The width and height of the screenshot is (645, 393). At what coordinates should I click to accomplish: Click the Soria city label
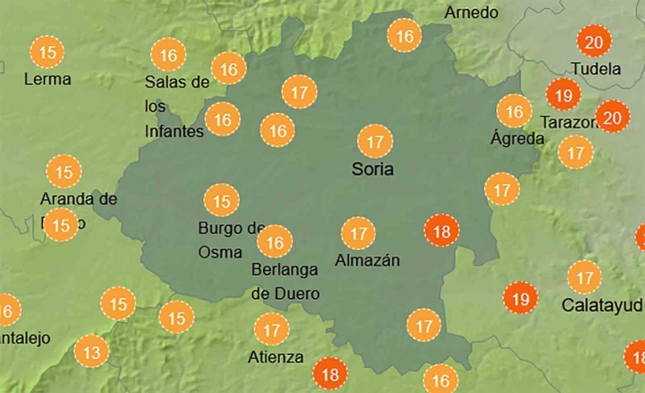coord(373,169)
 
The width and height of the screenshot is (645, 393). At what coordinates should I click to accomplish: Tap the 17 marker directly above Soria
coord(374,142)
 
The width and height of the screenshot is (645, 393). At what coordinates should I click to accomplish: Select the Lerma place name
coord(48,79)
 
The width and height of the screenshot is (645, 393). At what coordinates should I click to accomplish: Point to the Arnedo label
coord(472,13)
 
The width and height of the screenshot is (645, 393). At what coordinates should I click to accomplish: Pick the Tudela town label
coord(596,69)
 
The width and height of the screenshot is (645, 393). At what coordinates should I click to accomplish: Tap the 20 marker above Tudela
coord(594,42)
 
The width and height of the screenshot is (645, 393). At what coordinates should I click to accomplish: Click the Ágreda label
coord(517,138)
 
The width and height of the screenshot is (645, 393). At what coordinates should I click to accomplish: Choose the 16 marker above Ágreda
coord(515,112)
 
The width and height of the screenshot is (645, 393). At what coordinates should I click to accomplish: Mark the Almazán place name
coord(367,260)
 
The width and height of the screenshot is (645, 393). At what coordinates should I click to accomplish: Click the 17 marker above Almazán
coord(360,234)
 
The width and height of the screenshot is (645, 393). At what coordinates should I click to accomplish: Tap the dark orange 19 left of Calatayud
coord(520,297)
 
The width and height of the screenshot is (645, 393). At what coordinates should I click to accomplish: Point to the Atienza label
coord(276,357)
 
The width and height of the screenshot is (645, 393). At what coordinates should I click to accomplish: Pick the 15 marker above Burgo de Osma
coord(221,201)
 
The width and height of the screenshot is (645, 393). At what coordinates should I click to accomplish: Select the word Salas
coord(164,82)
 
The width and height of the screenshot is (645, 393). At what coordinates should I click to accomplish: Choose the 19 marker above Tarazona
coord(564,95)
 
